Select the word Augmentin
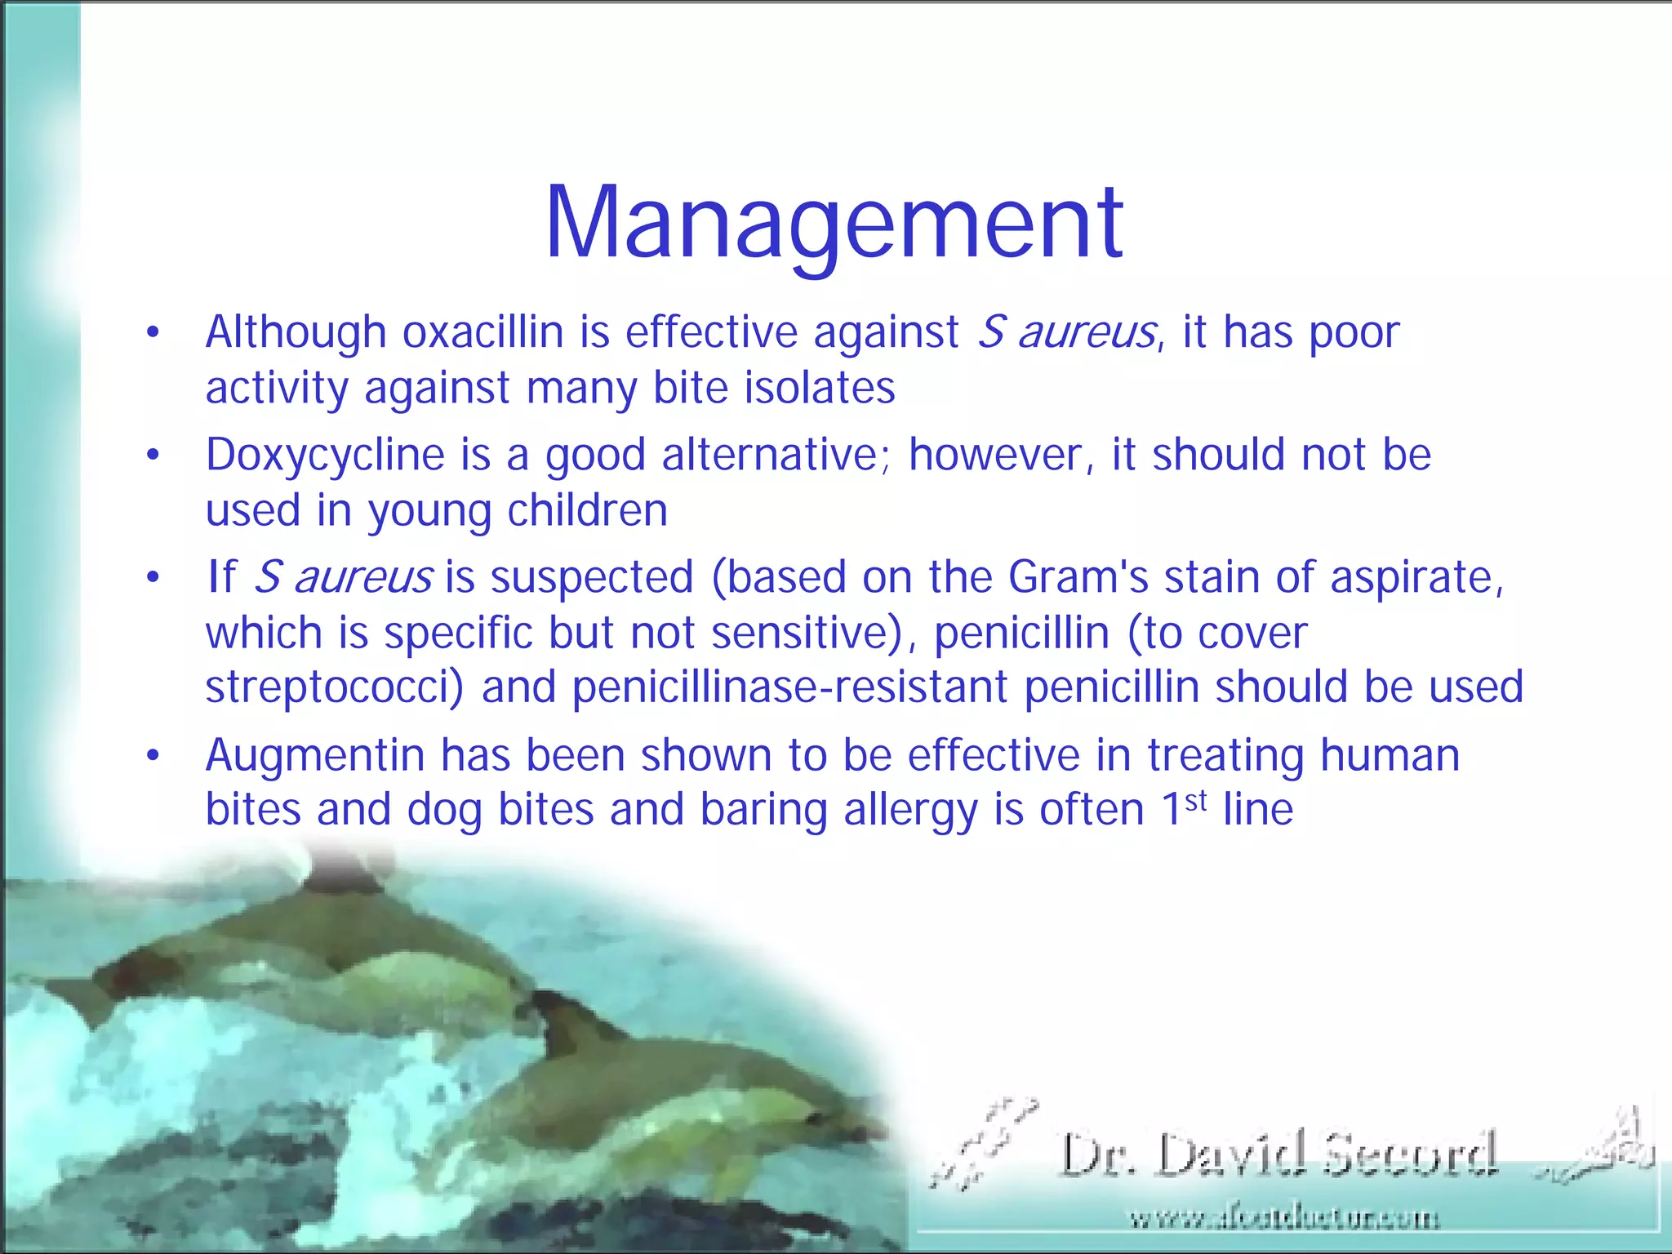click(x=314, y=756)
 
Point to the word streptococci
click(x=333, y=687)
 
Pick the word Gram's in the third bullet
click(x=1078, y=577)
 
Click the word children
click(x=587, y=511)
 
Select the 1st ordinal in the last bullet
click(x=1184, y=808)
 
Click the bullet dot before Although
click(x=153, y=333)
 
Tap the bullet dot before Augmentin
click(x=153, y=756)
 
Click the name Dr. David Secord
click(x=1278, y=1154)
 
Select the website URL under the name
click(x=1283, y=1219)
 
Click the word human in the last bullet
click(x=1390, y=756)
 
